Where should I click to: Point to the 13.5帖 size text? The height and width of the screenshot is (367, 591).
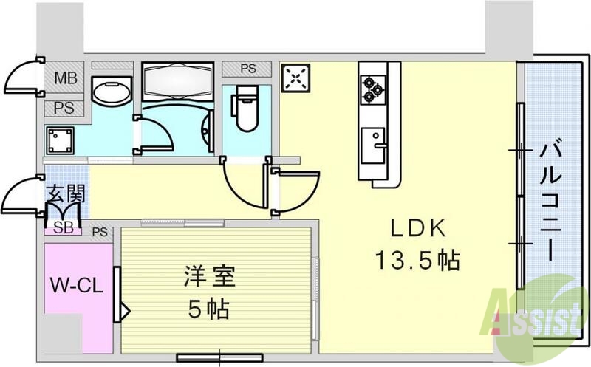tap(417, 260)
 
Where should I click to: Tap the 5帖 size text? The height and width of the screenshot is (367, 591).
tap(208, 307)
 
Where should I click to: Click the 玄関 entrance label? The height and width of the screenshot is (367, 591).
tap(66, 195)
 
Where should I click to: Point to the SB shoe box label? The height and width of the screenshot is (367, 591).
tap(64, 227)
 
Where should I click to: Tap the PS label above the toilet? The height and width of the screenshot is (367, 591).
tap(248, 69)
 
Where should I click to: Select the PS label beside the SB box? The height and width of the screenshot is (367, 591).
tap(100, 232)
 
